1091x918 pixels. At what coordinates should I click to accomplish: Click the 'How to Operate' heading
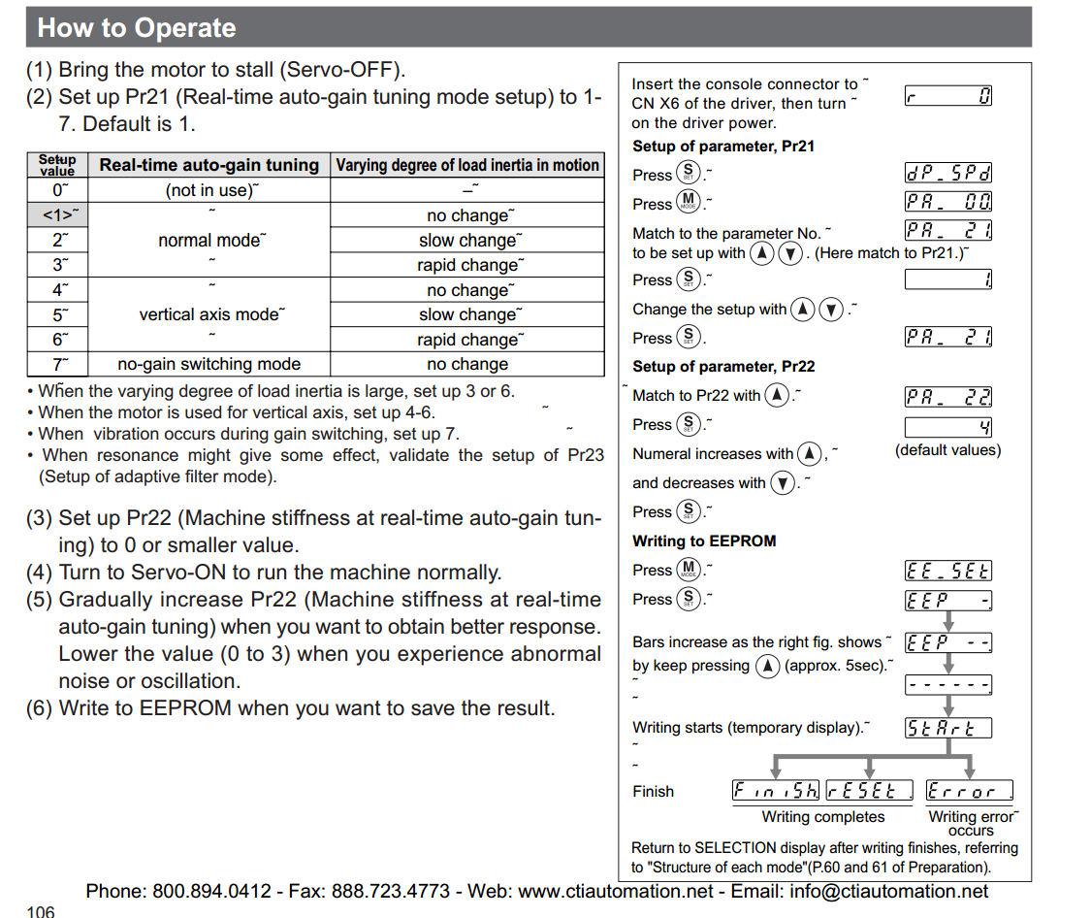pyautogui.click(x=137, y=27)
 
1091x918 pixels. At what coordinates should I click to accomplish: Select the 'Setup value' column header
pyautogui.click(x=57, y=165)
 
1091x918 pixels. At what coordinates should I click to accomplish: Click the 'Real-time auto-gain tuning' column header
pyautogui.click(x=209, y=165)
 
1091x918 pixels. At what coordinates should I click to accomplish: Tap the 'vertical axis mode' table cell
pyautogui.click(x=209, y=314)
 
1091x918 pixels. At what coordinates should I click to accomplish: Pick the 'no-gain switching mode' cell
pyautogui.click(x=209, y=364)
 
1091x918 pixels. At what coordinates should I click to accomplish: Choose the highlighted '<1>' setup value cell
pyautogui.click(x=57, y=214)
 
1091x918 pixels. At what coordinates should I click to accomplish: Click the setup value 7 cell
pyautogui.click(x=57, y=364)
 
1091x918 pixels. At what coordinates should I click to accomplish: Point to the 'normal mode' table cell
pyautogui.click(x=209, y=240)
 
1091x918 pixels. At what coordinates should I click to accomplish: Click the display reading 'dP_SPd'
pyautogui.click(x=947, y=174)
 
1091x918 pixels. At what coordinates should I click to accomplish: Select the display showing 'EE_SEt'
pyautogui.click(x=947, y=571)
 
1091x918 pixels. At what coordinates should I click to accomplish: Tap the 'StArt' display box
pyautogui.click(x=947, y=728)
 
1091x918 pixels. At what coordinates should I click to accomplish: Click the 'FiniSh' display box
pyautogui.click(x=776, y=791)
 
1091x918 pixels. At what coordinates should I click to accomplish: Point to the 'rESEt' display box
pyautogui.click(x=870, y=791)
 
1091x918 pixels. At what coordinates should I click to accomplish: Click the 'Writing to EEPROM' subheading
pyautogui.click(x=704, y=541)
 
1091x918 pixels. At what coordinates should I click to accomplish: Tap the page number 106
pyautogui.click(x=41, y=911)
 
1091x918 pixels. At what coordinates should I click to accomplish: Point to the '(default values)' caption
pyautogui.click(x=947, y=450)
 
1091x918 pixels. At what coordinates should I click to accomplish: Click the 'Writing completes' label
pyautogui.click(x=823, y=817)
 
